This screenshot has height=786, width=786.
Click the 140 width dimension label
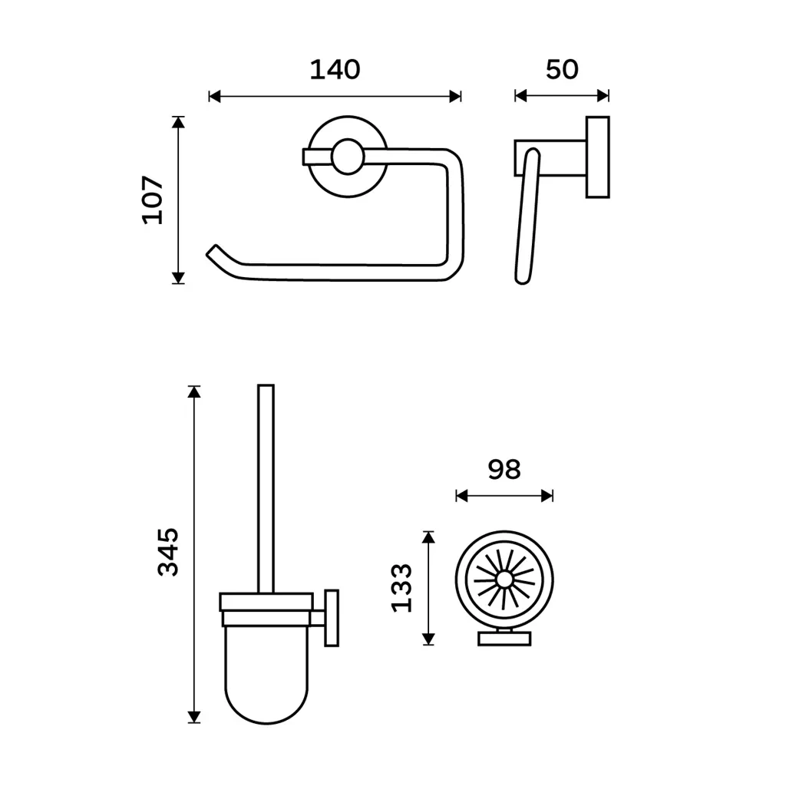click(335, 70)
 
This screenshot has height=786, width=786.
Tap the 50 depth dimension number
click(562, 70)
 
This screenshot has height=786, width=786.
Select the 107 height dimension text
click(153, 200)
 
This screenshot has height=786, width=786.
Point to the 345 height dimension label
click(168, 552)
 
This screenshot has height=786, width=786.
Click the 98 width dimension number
click(504, 470)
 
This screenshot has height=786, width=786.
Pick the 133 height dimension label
click(401, 587)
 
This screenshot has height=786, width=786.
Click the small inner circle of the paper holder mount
click(348, 157)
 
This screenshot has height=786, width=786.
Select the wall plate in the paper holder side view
click(597, 157)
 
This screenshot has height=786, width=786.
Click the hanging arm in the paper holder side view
click(527, 216)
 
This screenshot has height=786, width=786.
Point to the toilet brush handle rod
click(266, 489)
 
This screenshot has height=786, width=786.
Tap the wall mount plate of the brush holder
click(332, 618)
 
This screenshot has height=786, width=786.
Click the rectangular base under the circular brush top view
click(504, 639)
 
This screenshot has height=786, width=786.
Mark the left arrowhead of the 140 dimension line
click(215, 96)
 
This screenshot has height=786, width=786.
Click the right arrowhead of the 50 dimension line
click(603, 95)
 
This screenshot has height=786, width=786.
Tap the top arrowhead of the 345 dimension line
click(194, 391)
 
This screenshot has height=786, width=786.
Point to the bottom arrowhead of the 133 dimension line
click(428, 639)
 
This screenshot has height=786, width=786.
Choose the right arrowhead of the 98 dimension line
click(547, 497)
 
